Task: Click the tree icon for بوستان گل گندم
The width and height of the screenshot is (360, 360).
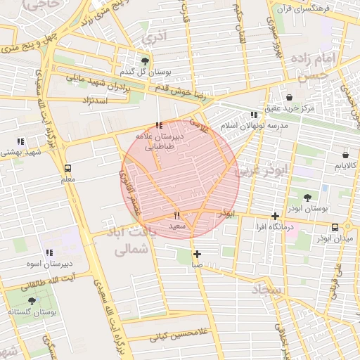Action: pos(146,60)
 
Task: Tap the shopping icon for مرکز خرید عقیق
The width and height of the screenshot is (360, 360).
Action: pos(290,96)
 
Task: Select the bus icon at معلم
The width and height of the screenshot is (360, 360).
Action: pos(67,169)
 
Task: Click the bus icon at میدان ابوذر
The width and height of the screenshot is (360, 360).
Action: pos(335,227)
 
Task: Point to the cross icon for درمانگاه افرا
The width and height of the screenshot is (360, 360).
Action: pos(275,217)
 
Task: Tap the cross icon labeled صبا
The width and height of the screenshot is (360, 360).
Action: pos(197,254)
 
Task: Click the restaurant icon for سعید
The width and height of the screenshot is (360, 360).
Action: pos(177,215)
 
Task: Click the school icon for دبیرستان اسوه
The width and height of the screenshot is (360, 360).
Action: pos(49,252)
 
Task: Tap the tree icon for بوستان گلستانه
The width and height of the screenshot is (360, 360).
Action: pos(32,300)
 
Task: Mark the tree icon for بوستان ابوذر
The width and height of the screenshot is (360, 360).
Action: pos(307,198)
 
